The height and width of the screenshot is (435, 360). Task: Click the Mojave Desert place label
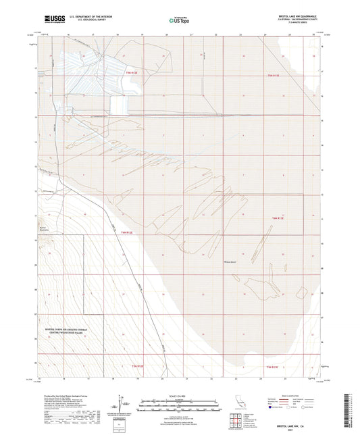(x=231, y=262)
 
